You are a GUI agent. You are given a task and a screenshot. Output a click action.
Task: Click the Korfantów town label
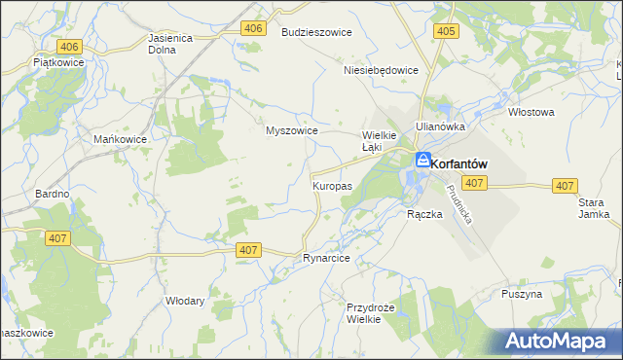[x=458, y=164]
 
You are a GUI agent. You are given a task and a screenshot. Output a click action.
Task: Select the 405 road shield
[x=446, y=31]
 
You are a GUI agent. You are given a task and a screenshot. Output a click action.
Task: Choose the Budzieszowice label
[x=316, y=32]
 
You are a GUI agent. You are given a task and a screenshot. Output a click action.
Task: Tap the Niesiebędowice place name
[x=381, y=70]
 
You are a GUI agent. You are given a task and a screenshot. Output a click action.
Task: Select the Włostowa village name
[x=531, y=112]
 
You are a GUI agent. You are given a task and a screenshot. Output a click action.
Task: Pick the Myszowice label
[x=292, y=130]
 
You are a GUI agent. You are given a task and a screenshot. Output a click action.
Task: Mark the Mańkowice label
[x=120, y=139]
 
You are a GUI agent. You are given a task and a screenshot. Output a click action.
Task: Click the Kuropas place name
[x=332, y=185]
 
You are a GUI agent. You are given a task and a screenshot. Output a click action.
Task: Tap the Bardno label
[x=52, y=194]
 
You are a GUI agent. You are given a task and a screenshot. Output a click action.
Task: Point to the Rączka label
[x=424, y=215]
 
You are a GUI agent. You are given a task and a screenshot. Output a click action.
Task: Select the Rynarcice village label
[x=326, y=259]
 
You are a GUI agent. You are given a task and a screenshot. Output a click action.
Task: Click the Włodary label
[x=185, y=301]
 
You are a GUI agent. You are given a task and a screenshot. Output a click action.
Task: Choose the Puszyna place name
[x=522, y=294]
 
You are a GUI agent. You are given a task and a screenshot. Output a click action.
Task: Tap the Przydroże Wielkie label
[x=371, y=313]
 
